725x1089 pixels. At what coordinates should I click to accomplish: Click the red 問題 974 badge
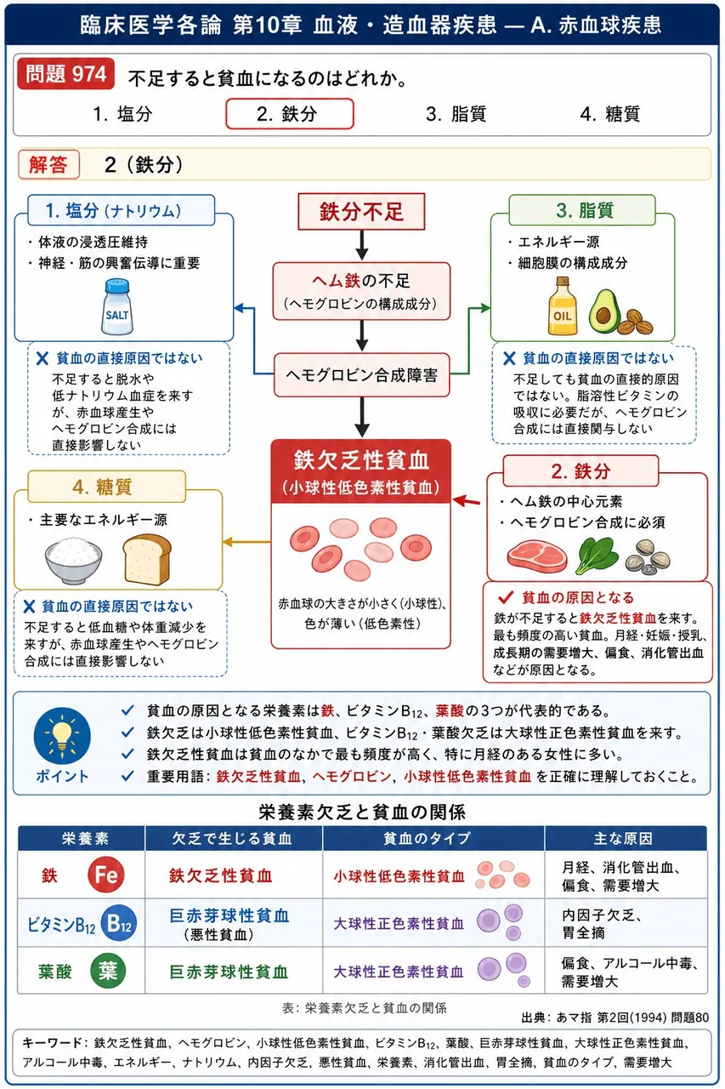coord(66,74)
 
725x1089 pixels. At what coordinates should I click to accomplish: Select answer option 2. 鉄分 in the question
coord(290,114)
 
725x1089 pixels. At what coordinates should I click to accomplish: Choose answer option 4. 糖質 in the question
coord(610,114)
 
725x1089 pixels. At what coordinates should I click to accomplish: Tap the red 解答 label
coord(48,165)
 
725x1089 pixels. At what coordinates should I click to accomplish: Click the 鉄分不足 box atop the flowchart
coord(361,212)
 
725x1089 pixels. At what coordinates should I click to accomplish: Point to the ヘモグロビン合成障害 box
coord(362,375)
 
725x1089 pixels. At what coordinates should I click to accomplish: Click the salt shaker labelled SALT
coord(117,306)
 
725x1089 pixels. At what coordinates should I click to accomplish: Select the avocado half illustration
coord(604,311)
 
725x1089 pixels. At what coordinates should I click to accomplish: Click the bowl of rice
coord(73,560)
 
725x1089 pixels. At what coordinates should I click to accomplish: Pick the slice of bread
coord(147,559)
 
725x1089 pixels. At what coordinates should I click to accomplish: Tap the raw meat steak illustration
coord(537,556)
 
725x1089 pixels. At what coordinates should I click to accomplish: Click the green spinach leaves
coord(597,556)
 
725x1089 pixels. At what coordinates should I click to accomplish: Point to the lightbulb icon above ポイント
coord(62,735)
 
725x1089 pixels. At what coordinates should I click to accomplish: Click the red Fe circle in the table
coord(106,875)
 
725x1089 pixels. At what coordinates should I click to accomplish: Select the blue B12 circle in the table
coord(119,923)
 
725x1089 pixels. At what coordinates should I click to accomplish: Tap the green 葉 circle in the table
coord(108,971)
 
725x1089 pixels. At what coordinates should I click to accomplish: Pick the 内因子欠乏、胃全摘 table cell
coord(602,924)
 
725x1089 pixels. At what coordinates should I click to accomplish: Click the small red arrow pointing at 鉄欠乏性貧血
coord(466,501)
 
